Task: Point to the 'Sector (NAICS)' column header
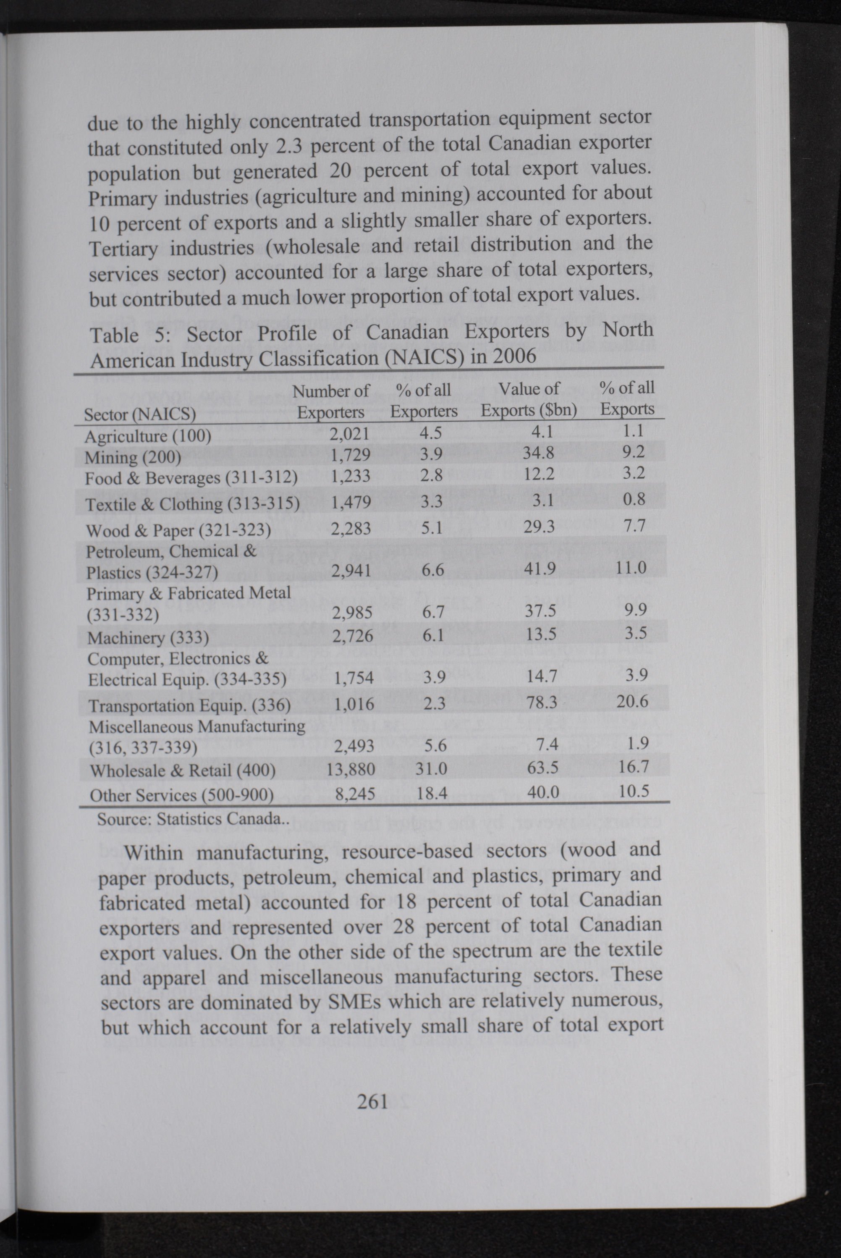pos(140,414)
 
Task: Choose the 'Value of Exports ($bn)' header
pos(529,399)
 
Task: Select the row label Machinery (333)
pos(148,637)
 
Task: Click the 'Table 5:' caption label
pos(129,335)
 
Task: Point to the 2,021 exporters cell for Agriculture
pos(350,433)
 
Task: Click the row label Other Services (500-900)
pos(181,795)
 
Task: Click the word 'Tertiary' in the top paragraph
pos(123,249)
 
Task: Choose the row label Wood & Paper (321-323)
pos(178,530)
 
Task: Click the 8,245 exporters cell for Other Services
pos(354,794)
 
